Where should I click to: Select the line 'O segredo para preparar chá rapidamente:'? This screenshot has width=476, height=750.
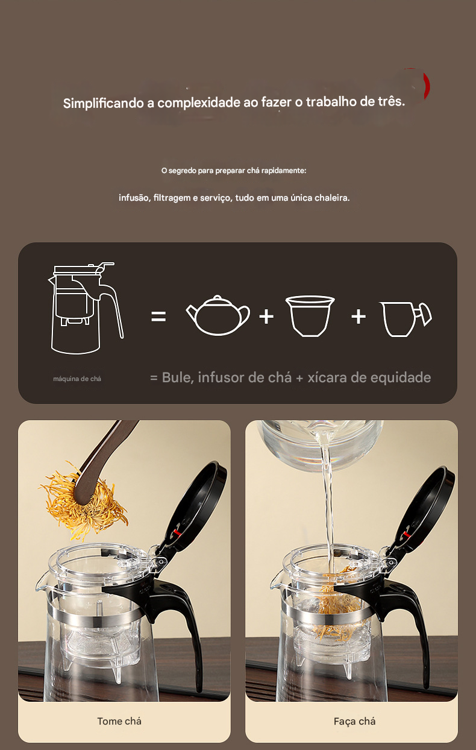point(234,171)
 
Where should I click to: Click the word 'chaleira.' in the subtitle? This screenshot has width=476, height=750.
point(332,198)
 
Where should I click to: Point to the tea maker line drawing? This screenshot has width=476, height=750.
point(86,308)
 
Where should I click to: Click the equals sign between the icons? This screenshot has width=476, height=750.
point(158,316)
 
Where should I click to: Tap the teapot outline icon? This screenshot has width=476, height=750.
point(218,315)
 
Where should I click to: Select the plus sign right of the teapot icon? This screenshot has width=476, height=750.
point(266,316)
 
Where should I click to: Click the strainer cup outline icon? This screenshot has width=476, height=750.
point(310,316)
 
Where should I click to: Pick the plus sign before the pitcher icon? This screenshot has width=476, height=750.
point(359,316)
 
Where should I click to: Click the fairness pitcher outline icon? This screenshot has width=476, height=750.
point(406,319)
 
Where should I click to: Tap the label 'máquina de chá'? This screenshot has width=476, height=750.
point(77,379)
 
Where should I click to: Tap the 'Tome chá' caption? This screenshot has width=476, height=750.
point(119,721)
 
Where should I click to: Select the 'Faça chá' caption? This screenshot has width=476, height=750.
point(354,721)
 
